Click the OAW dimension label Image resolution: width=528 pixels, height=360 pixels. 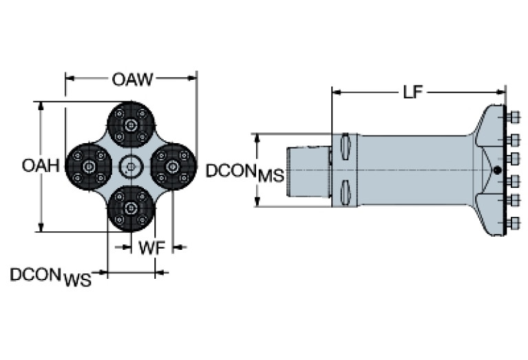click(132, 79)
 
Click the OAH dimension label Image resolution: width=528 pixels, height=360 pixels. click(38, 166)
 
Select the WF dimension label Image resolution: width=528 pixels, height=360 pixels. click(151, 248)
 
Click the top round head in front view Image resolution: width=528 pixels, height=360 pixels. click(131, 125)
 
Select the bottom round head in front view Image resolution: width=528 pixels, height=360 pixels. click(131, 207)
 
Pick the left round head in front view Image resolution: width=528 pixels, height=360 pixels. click(88, 167)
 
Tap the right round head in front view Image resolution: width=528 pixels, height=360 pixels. click(172, 167)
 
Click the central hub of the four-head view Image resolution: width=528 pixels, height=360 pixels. click(131, 167)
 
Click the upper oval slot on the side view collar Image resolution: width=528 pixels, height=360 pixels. click(346, 147)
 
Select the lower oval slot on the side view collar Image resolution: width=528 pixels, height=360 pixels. click(346, 191)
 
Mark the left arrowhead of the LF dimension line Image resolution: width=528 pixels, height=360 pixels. click(335, 92)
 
